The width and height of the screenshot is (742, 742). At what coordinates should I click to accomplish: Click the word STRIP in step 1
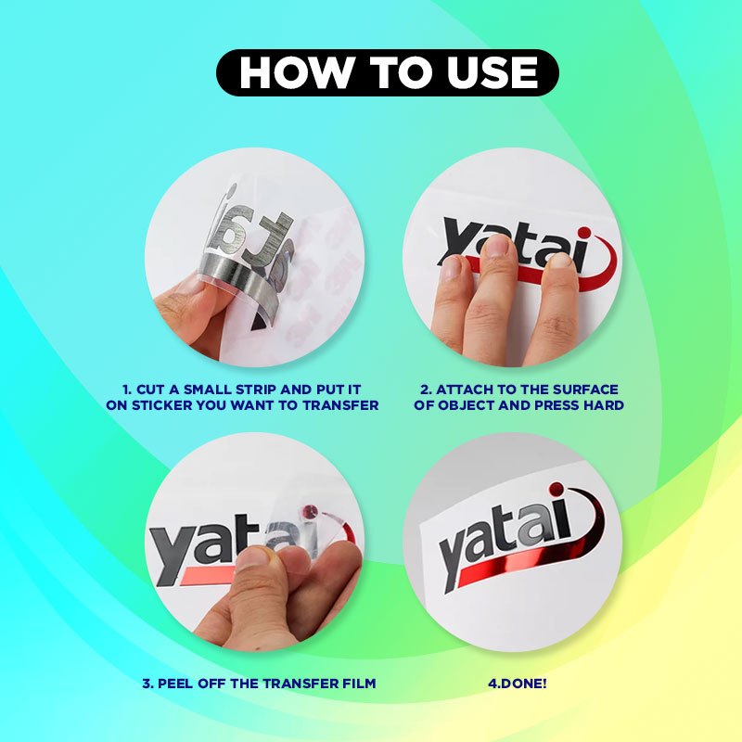256,390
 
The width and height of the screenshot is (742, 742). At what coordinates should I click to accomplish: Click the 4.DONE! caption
518,684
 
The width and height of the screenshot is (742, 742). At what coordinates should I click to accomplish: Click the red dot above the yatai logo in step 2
585,234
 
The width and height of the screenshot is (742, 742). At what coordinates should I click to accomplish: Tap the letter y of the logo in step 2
457,240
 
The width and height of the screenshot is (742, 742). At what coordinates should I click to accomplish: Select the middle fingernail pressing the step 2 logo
496,246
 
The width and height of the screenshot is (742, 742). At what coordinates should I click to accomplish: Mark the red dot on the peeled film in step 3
311,511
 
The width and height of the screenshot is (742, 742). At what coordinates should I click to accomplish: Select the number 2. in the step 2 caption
426,390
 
